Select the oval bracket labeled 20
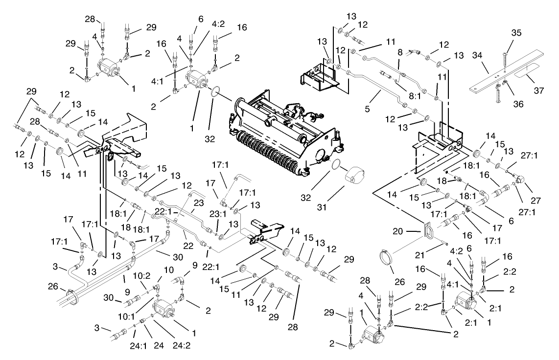(x=428, y=230)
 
